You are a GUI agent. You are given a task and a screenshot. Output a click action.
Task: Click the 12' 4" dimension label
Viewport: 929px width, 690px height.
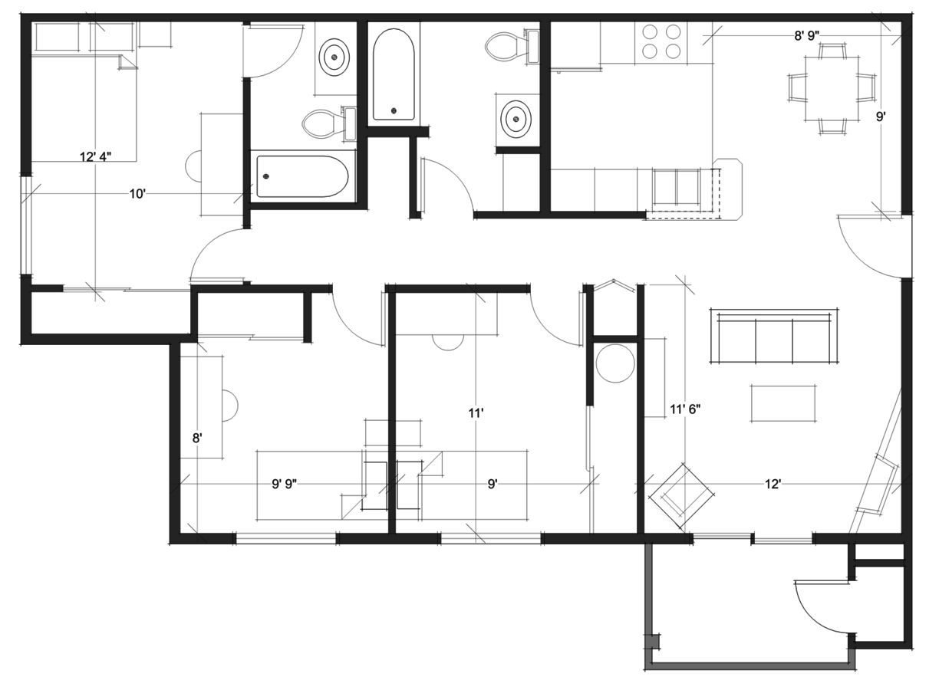click(x=95, y=157)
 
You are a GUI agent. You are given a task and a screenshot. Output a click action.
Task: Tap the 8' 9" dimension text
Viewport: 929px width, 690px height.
click(x=807, y=36)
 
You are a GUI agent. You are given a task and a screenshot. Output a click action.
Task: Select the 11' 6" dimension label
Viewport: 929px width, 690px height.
click(x=685, y=409)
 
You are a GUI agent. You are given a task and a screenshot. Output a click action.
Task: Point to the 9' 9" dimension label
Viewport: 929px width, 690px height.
click(x=285, y=484)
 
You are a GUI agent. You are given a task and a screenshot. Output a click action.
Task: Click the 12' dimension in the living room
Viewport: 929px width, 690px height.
click(x=773, y=484)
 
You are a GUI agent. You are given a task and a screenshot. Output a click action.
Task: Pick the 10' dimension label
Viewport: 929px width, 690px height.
click(x=137, y=194)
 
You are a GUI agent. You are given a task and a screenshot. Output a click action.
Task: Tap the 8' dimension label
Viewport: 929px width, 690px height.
click(x=197, y=439)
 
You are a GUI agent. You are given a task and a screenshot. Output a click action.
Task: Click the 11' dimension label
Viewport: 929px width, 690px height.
click(x=476, y=413)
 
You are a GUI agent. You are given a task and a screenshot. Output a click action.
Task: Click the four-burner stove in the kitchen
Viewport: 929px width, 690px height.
click(x=661, y=42)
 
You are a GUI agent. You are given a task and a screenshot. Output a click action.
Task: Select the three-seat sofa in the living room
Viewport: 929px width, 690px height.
click(x=774, y=336)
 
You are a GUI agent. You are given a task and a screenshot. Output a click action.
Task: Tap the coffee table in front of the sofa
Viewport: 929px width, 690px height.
click(x=782, y=403)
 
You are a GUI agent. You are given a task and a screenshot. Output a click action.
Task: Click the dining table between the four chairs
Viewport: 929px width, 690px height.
click(x=832, y=88)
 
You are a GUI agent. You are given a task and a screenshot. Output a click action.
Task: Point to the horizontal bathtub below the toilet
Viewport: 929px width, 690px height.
click(x=302, y=176)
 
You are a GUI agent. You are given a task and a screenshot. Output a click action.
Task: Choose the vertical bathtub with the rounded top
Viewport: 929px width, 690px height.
click(x=394, y=74)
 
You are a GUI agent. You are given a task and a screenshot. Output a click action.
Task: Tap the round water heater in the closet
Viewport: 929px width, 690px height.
click(x=615, y=363)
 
